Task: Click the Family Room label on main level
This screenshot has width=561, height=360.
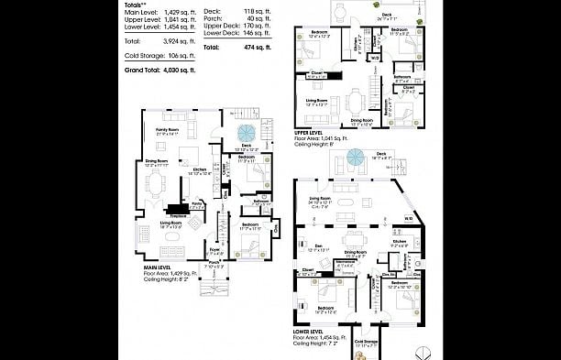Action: point(167,131)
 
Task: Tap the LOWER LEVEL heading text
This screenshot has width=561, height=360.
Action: point(310,333)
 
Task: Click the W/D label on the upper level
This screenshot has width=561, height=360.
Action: point(374,58)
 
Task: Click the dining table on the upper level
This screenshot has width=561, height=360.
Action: point(356,101)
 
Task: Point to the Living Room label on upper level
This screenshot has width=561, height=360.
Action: point(317,101)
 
